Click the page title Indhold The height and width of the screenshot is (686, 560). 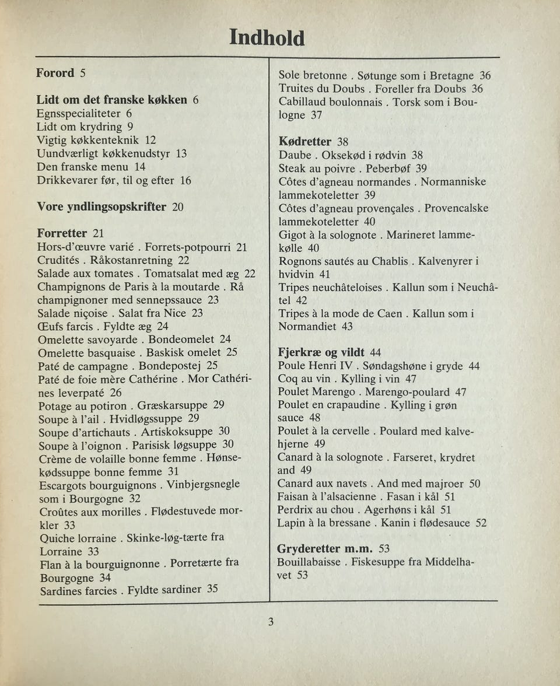(267, 38)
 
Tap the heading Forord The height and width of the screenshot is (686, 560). (55, 73)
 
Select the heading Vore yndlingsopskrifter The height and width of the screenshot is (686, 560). (102, 207)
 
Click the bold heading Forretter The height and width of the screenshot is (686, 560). (62, 233)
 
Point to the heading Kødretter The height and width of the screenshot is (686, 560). (305, 142)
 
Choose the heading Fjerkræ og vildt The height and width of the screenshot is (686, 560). (321, 352)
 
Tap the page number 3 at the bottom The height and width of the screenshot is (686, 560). (271, 622)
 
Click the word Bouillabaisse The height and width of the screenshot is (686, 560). (310, 562)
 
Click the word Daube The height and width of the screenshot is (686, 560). (295, 156)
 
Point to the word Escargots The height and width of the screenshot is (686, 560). (64, 485)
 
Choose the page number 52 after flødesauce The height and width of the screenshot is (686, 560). (480, 523)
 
